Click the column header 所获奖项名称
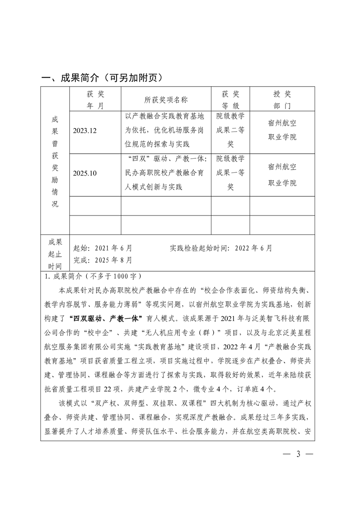[x=166, y=100]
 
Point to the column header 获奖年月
[x=95, y=100]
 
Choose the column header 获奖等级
[x=230, y=100]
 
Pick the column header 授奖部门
[x=282, y=100]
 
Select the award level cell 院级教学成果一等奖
[x=230, y=172]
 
